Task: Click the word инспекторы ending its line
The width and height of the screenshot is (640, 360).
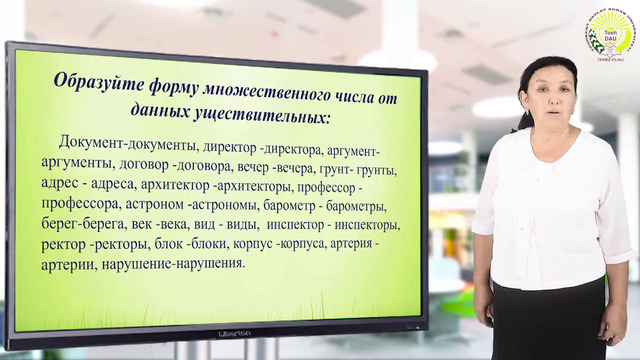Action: click(366, 225)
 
